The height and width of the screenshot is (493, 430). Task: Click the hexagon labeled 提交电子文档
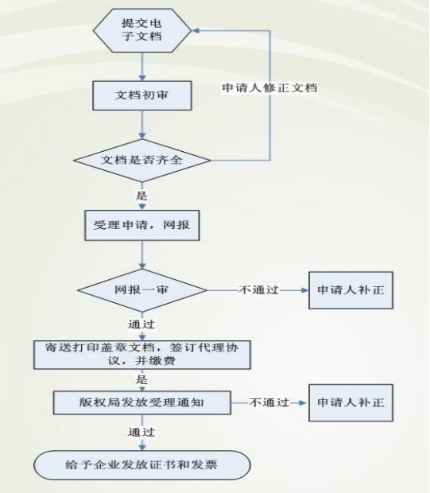[142, 30]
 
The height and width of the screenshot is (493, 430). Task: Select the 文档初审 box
[142, 95]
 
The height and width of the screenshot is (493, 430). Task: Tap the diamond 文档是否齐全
[142, 161]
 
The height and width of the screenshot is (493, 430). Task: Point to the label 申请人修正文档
[269, 87]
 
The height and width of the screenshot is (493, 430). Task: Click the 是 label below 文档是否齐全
[141, 196]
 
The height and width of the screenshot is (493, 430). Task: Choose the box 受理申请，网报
[142, 226]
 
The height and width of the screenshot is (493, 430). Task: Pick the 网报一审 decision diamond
[142, 290]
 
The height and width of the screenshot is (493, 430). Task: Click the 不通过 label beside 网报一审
[258, 290]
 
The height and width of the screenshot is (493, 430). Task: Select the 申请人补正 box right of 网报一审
[351, 290]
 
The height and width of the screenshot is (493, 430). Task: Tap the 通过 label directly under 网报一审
[141, 324]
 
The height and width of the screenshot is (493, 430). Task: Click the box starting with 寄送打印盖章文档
[142, 355]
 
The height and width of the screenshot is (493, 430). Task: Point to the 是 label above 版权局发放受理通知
[141, 379]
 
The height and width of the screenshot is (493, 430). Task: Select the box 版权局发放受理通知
[142, 403]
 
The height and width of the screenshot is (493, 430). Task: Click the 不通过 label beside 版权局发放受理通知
[269, 402]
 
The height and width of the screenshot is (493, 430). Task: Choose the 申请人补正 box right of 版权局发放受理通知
[351, 403]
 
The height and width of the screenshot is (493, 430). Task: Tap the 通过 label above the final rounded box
[141, 433]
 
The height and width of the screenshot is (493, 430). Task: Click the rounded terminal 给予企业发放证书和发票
[142, 465]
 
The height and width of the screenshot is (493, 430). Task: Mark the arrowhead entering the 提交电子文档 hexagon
[196, 30]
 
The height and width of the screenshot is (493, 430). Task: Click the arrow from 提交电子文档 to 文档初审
[142, 67]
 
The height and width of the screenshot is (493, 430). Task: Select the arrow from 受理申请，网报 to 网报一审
[142, 254]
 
